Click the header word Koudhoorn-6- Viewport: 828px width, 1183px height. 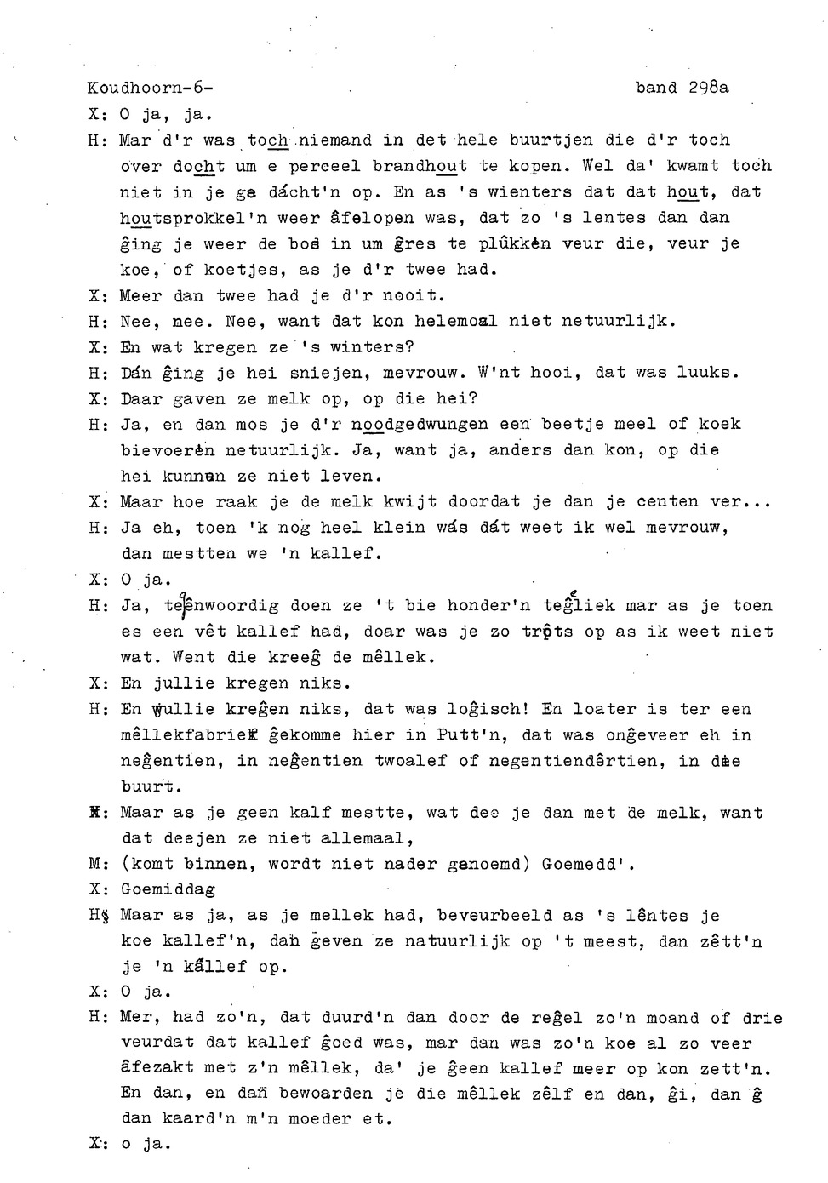[x=150, y=88]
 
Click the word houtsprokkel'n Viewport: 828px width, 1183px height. [x=188, y=218]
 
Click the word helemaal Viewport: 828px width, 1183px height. [x=457, y=322]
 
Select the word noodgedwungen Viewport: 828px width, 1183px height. [x=420, y=424]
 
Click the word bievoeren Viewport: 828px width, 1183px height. [x=168, y=450]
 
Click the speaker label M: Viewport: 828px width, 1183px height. [x=95, y=865]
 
